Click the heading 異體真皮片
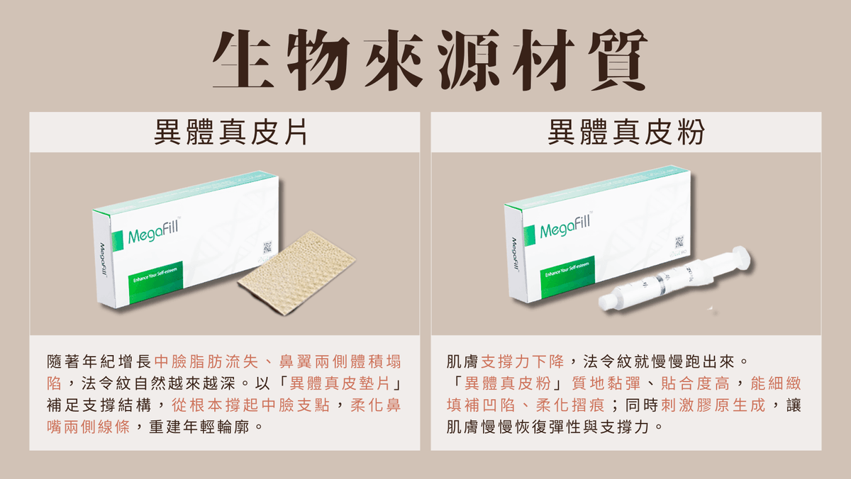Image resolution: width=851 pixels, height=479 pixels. pyautogui.click(x=230, y=132)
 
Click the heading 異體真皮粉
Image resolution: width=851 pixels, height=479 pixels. pyautogui.click(x=625, y=132)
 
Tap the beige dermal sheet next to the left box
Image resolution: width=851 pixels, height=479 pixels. pyautogui.click(x=297, y=272)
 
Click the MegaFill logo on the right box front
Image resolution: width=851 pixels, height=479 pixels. pyautogui.click(x=565, y=226)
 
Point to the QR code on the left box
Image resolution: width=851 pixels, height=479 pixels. pyautogui.click(x=267, y=247)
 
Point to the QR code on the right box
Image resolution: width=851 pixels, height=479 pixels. pyautogui.click(x=679, y=242)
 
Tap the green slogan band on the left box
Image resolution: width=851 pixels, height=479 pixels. pyautogui.click(x=156, y=281)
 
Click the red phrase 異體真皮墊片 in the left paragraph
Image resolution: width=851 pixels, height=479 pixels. pyautogui.click(x=340, y=383)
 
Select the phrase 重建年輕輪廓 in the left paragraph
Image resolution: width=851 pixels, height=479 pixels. pyautogui.click(x=199, y=427)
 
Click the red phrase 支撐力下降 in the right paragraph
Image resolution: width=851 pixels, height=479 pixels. pyautogui.click(x=523, y=361)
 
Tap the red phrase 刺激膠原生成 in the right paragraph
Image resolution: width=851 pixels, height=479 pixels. pyautogui.click(x=713, y=405)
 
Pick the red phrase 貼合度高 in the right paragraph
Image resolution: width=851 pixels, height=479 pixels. pyautogui.click(x=695, y=383)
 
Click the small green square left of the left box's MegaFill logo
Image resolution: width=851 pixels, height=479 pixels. pyautogui.click(x=118, y=241)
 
